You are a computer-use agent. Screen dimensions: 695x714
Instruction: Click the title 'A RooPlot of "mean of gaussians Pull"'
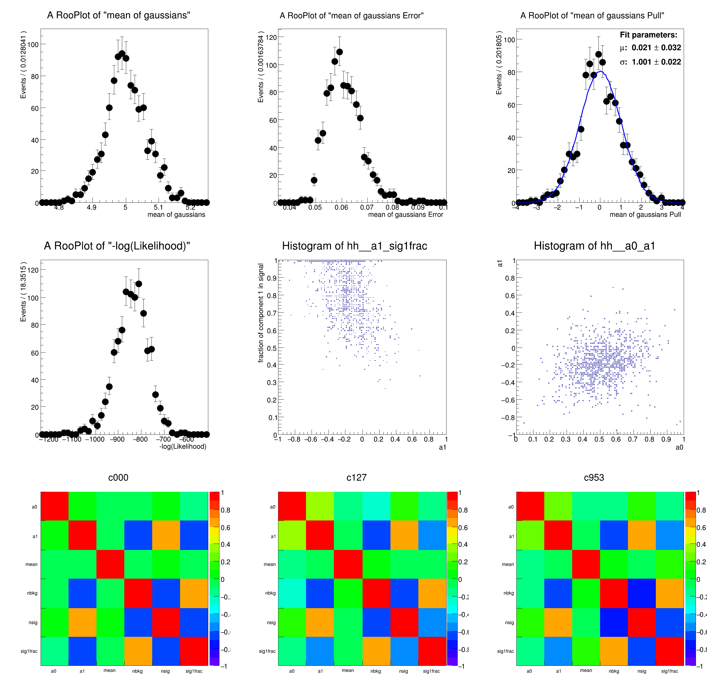pyautogui.click(x=592, y=15)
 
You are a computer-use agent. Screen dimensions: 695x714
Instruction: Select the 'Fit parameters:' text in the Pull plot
pyautogui.click(x=648, y=35)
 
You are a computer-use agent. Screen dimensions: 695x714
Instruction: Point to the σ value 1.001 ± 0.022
pyautogui.click(x=656, y=62)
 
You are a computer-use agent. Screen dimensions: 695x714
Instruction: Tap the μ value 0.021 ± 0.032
pyautogui.click(x=656, y=48)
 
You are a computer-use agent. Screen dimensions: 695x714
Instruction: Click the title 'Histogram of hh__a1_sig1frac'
pyautogui.click(x=354, y=246)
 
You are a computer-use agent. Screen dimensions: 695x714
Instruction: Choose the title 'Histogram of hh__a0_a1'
pyautogui.click(x=594, y=246)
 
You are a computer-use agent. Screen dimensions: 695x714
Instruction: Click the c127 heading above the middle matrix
pyautogui.click(x=356, y=477)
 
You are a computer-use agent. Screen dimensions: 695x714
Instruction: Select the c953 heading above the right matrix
pyautogui.click(x=594, y=477)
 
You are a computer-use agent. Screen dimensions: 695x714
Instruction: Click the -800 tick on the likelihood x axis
pyautogui.click(x=141, y=439)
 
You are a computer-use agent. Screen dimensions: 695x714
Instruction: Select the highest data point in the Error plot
pyautogui.click(x=339, y=52)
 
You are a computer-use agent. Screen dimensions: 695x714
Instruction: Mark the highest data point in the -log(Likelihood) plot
pyautogui.click(x=139, y=284)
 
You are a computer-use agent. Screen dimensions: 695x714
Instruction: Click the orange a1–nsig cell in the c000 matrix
pyautogui.click(x=166, y=535)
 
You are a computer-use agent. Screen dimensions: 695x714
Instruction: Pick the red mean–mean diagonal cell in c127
pyautogui.click(x=348, y=564)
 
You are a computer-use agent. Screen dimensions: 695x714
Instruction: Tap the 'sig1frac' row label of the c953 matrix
pyautogui.click(x=505, y=651)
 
